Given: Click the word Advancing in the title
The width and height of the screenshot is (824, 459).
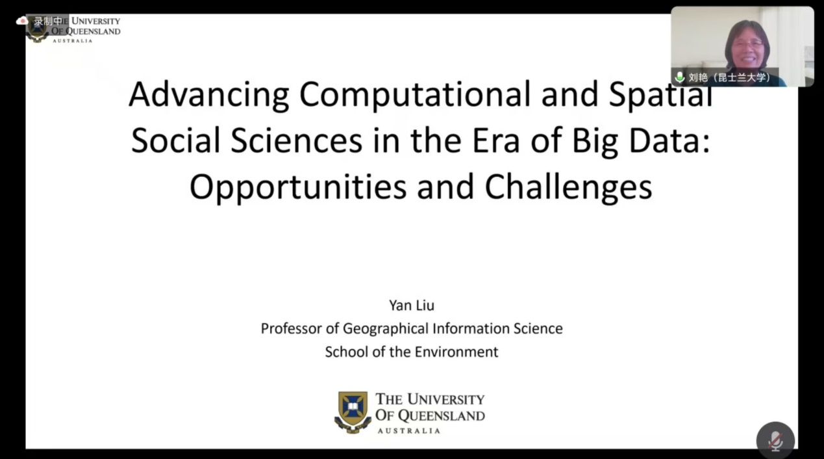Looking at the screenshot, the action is [209, 96].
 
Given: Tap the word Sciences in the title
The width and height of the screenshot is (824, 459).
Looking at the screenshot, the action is [297, 141].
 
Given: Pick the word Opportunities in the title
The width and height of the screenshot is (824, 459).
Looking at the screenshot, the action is [298, 188].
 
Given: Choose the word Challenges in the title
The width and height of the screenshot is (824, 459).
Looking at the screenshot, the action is [568, 188].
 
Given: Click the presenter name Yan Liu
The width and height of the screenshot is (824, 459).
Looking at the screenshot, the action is [412, 306].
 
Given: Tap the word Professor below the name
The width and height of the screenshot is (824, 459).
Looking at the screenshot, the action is [292, 328].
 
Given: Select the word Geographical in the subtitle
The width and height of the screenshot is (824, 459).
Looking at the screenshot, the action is [386, 329].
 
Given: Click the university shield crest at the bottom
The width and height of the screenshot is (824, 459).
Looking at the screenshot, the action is [353, 412].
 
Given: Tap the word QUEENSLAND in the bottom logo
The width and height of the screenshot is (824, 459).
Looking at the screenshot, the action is [442, 416].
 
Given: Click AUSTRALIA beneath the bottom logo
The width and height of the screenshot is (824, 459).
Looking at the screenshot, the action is [408, 431].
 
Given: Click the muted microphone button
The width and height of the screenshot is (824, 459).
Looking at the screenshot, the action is [775, 440].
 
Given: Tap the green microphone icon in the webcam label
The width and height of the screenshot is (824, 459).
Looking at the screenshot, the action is [679, 77].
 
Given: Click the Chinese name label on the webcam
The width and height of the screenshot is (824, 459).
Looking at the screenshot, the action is [729, 77].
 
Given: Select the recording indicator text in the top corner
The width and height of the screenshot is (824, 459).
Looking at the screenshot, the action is [48, 21].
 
